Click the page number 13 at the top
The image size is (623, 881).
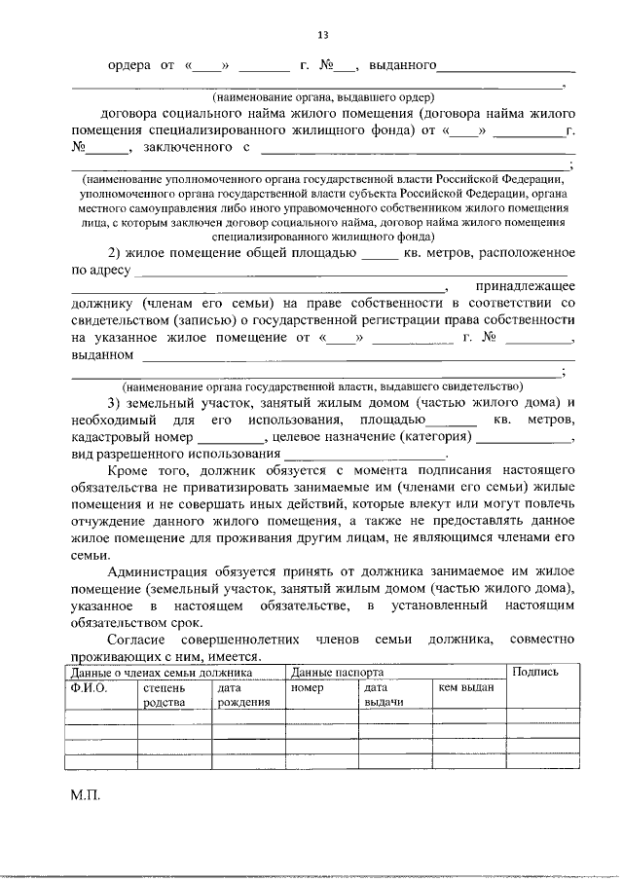coord(322,36)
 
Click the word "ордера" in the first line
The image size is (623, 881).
coord(128,66)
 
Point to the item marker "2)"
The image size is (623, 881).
coord(116,253)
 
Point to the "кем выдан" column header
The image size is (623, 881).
coord(466,687)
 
